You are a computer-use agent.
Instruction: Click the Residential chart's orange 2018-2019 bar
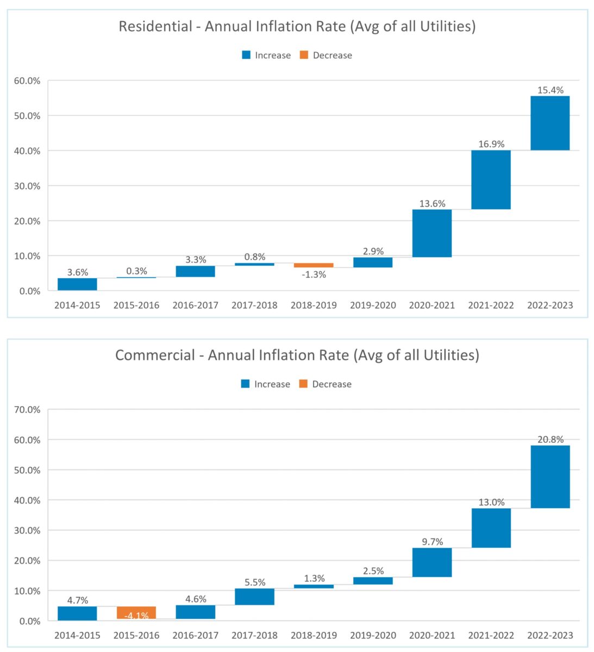click(x=314, y=265)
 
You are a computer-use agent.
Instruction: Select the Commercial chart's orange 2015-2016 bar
click(x=136, y=612)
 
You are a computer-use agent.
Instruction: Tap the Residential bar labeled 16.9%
click(x=491, y=179)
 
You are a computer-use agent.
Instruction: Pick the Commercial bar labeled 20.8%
click(x=550, y=477)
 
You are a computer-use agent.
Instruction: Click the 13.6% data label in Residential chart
click(x=432, y=204)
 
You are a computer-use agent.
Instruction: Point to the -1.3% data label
click(x=314, y=275)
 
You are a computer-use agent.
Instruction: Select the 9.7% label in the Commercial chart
click(x=432, y=542)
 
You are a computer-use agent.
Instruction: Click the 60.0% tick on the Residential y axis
click(x=27, y=80)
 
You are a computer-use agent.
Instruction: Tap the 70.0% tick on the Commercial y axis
click(x=27, y=410)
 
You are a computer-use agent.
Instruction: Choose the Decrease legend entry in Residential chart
click(x=332, y=55)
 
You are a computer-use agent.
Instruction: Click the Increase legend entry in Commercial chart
click(x=272, y=384)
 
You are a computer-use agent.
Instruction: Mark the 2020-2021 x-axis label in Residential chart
click(x=432, y=305)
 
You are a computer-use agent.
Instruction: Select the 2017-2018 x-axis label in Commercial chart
click(x=254, y=635)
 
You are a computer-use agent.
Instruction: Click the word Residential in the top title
click(x=155, y=26)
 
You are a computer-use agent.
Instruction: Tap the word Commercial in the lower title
click(x=155, y=355)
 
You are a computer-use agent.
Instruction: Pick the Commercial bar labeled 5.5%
click(x=254, y=597)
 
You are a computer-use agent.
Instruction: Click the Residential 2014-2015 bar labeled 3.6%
click(x=77, y=284)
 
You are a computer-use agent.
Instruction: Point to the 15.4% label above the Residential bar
click(x=550, y=90)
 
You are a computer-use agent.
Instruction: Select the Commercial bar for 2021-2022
click(x=491, y=528)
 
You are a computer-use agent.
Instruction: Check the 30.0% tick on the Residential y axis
click(x=27, y=186)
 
